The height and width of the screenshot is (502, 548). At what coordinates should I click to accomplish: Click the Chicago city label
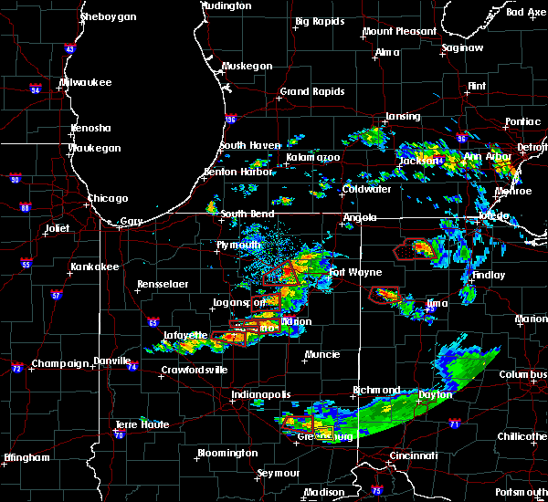(x=107, y=198)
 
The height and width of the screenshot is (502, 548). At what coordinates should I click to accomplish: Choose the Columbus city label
(x=522, y=374)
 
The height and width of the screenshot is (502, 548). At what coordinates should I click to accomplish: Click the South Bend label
(x=247, y=214)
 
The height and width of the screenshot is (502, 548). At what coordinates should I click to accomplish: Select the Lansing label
(x=402, y=117)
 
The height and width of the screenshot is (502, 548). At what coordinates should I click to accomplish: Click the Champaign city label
(x=58, y=363)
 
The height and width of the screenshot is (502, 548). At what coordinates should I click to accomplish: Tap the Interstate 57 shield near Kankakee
(x=58, y=294)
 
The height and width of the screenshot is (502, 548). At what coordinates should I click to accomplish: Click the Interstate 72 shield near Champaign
(x=16, y=368)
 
